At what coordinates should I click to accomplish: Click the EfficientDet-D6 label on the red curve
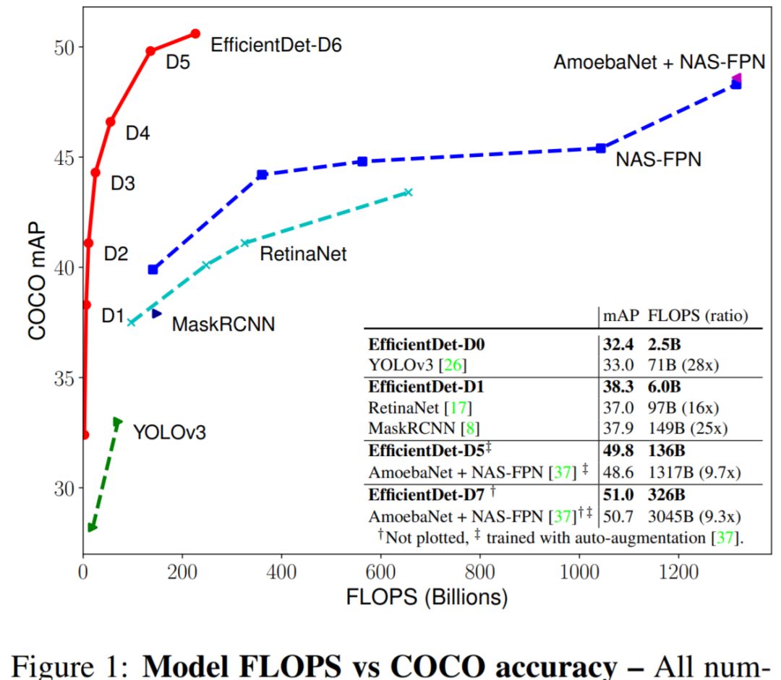(x=276, y=45)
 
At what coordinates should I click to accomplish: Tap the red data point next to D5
(x=150, y=51)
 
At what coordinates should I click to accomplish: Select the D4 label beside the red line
(x=137, y=133)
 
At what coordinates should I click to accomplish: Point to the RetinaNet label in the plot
(x=303, y=254)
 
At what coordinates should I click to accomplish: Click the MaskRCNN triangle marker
(x=156, y=313)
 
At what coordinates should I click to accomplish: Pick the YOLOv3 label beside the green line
(x=169, y=433)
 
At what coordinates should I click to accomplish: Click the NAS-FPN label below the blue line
(x=658, y=159)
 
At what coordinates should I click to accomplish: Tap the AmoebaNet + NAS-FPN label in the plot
(x=659, y=61)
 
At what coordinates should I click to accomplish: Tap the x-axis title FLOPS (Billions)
(x=426, y=598)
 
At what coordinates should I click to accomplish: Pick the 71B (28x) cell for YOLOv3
(x=680, y=365)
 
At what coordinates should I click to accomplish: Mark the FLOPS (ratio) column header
(x=698, y=316)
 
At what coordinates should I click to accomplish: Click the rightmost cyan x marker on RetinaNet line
(x=408, y=192)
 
